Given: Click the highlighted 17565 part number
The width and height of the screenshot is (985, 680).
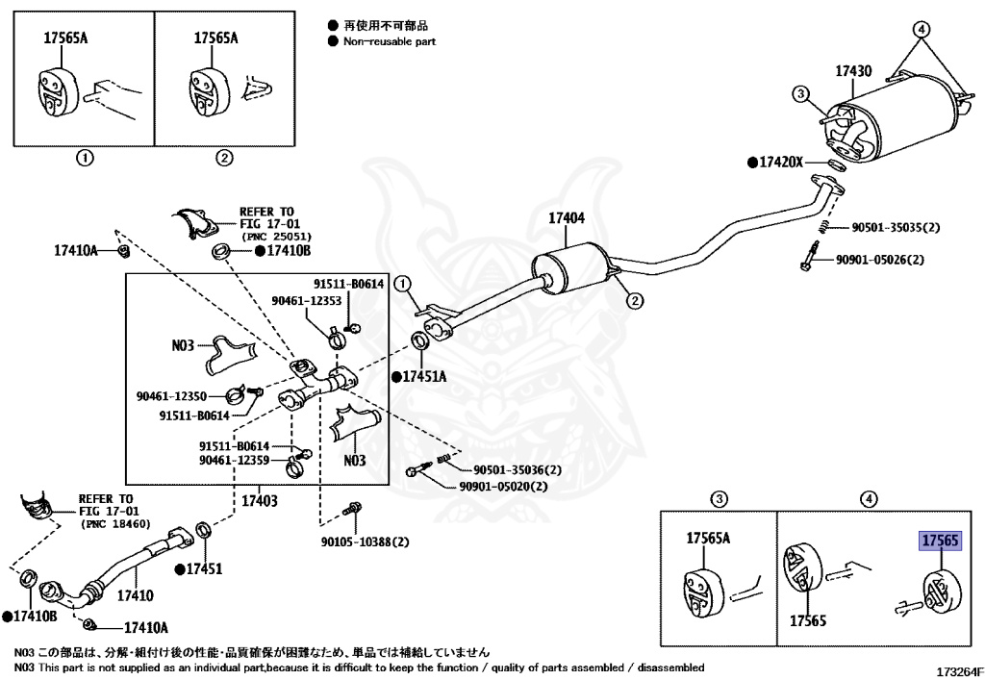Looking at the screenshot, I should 940,541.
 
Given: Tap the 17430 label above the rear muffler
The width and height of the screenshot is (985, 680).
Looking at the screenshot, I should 852,71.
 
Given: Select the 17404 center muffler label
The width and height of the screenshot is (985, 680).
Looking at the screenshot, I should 567,219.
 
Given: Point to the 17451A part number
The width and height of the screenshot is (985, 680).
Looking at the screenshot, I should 424,376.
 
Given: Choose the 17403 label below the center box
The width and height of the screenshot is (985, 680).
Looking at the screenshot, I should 259,501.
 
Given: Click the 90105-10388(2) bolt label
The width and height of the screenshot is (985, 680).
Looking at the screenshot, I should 365,541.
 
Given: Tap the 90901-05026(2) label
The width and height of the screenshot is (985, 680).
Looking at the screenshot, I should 879,260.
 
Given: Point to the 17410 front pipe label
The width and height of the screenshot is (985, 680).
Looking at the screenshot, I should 135,596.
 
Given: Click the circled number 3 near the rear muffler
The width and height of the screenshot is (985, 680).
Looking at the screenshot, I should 800,93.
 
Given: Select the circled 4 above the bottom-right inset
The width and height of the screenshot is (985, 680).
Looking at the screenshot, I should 868,498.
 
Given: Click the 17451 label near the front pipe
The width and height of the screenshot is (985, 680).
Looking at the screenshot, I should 204,568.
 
